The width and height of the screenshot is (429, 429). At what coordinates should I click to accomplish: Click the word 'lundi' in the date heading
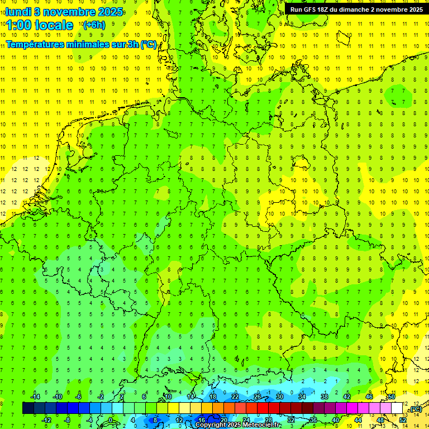[x=18, y=12]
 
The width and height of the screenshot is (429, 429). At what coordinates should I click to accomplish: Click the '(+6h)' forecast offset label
[x=93, y=25]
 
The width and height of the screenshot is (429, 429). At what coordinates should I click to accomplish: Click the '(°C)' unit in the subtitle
[x=148, y=44]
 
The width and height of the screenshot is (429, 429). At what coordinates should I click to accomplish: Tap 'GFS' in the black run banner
[x=311, y=9]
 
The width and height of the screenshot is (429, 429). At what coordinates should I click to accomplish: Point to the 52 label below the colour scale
[x=402, y=420]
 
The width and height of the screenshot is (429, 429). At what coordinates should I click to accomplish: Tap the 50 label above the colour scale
[x=392, y=397]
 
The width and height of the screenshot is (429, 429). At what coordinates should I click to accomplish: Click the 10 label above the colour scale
[x=168, y=397]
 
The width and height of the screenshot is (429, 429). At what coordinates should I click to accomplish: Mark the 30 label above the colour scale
[x=279, y=397]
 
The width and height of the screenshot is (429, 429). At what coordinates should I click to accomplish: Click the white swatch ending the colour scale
[x=397, y=408]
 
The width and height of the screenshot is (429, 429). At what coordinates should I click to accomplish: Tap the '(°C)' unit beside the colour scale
[x=415, y=409]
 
